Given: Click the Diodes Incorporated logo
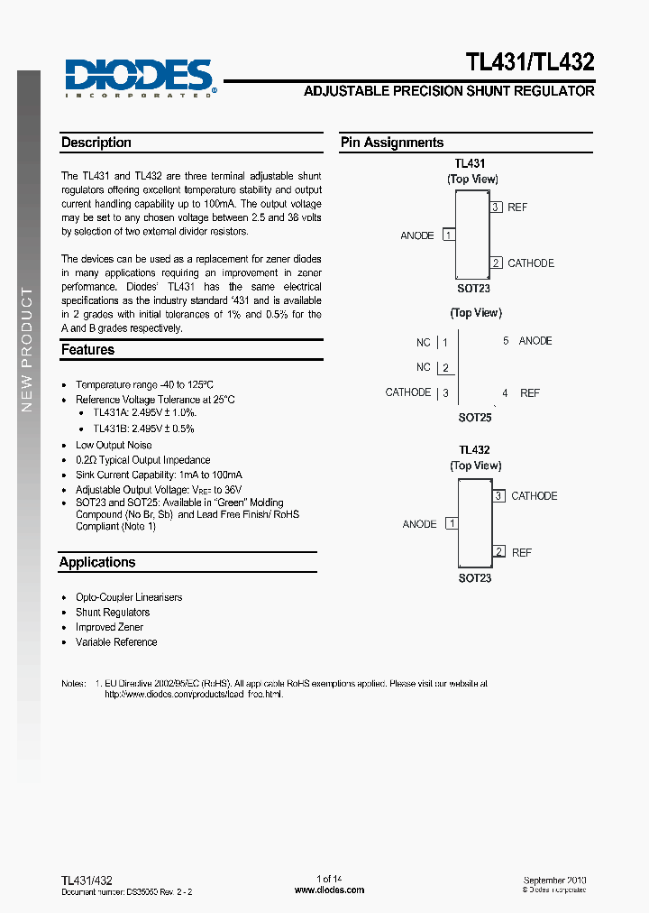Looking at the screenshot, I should coord(140,78).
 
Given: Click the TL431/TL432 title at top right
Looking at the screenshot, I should coord(529,62).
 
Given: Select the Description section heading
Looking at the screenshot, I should coord(96,143).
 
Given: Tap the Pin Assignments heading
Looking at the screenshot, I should coord(392,143).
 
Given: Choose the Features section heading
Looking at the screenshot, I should coord(87,349).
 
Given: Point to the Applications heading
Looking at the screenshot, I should coord(97,562).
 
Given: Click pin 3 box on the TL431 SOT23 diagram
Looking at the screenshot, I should coord(496,207).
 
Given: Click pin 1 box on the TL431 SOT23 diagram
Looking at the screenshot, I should coord(448,235).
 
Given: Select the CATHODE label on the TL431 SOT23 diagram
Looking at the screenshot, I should coord(531,263).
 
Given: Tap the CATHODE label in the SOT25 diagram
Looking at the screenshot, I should coord(408,392).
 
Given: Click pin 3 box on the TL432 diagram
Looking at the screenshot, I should coord(498,495).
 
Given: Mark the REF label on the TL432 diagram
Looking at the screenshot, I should coord(522,552).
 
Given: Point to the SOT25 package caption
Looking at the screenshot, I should coord(475,418).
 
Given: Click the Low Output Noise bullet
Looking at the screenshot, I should coord(114,445).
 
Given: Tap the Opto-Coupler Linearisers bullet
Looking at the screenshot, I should coord(129,597).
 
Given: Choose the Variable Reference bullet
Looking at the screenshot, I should coord(116,642).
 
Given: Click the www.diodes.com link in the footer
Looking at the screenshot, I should coord(330,890).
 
